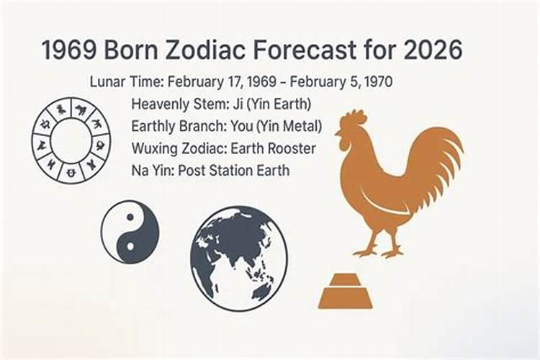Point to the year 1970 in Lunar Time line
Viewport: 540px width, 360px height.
coord(377,81)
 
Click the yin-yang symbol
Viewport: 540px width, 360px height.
coord(130,232)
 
